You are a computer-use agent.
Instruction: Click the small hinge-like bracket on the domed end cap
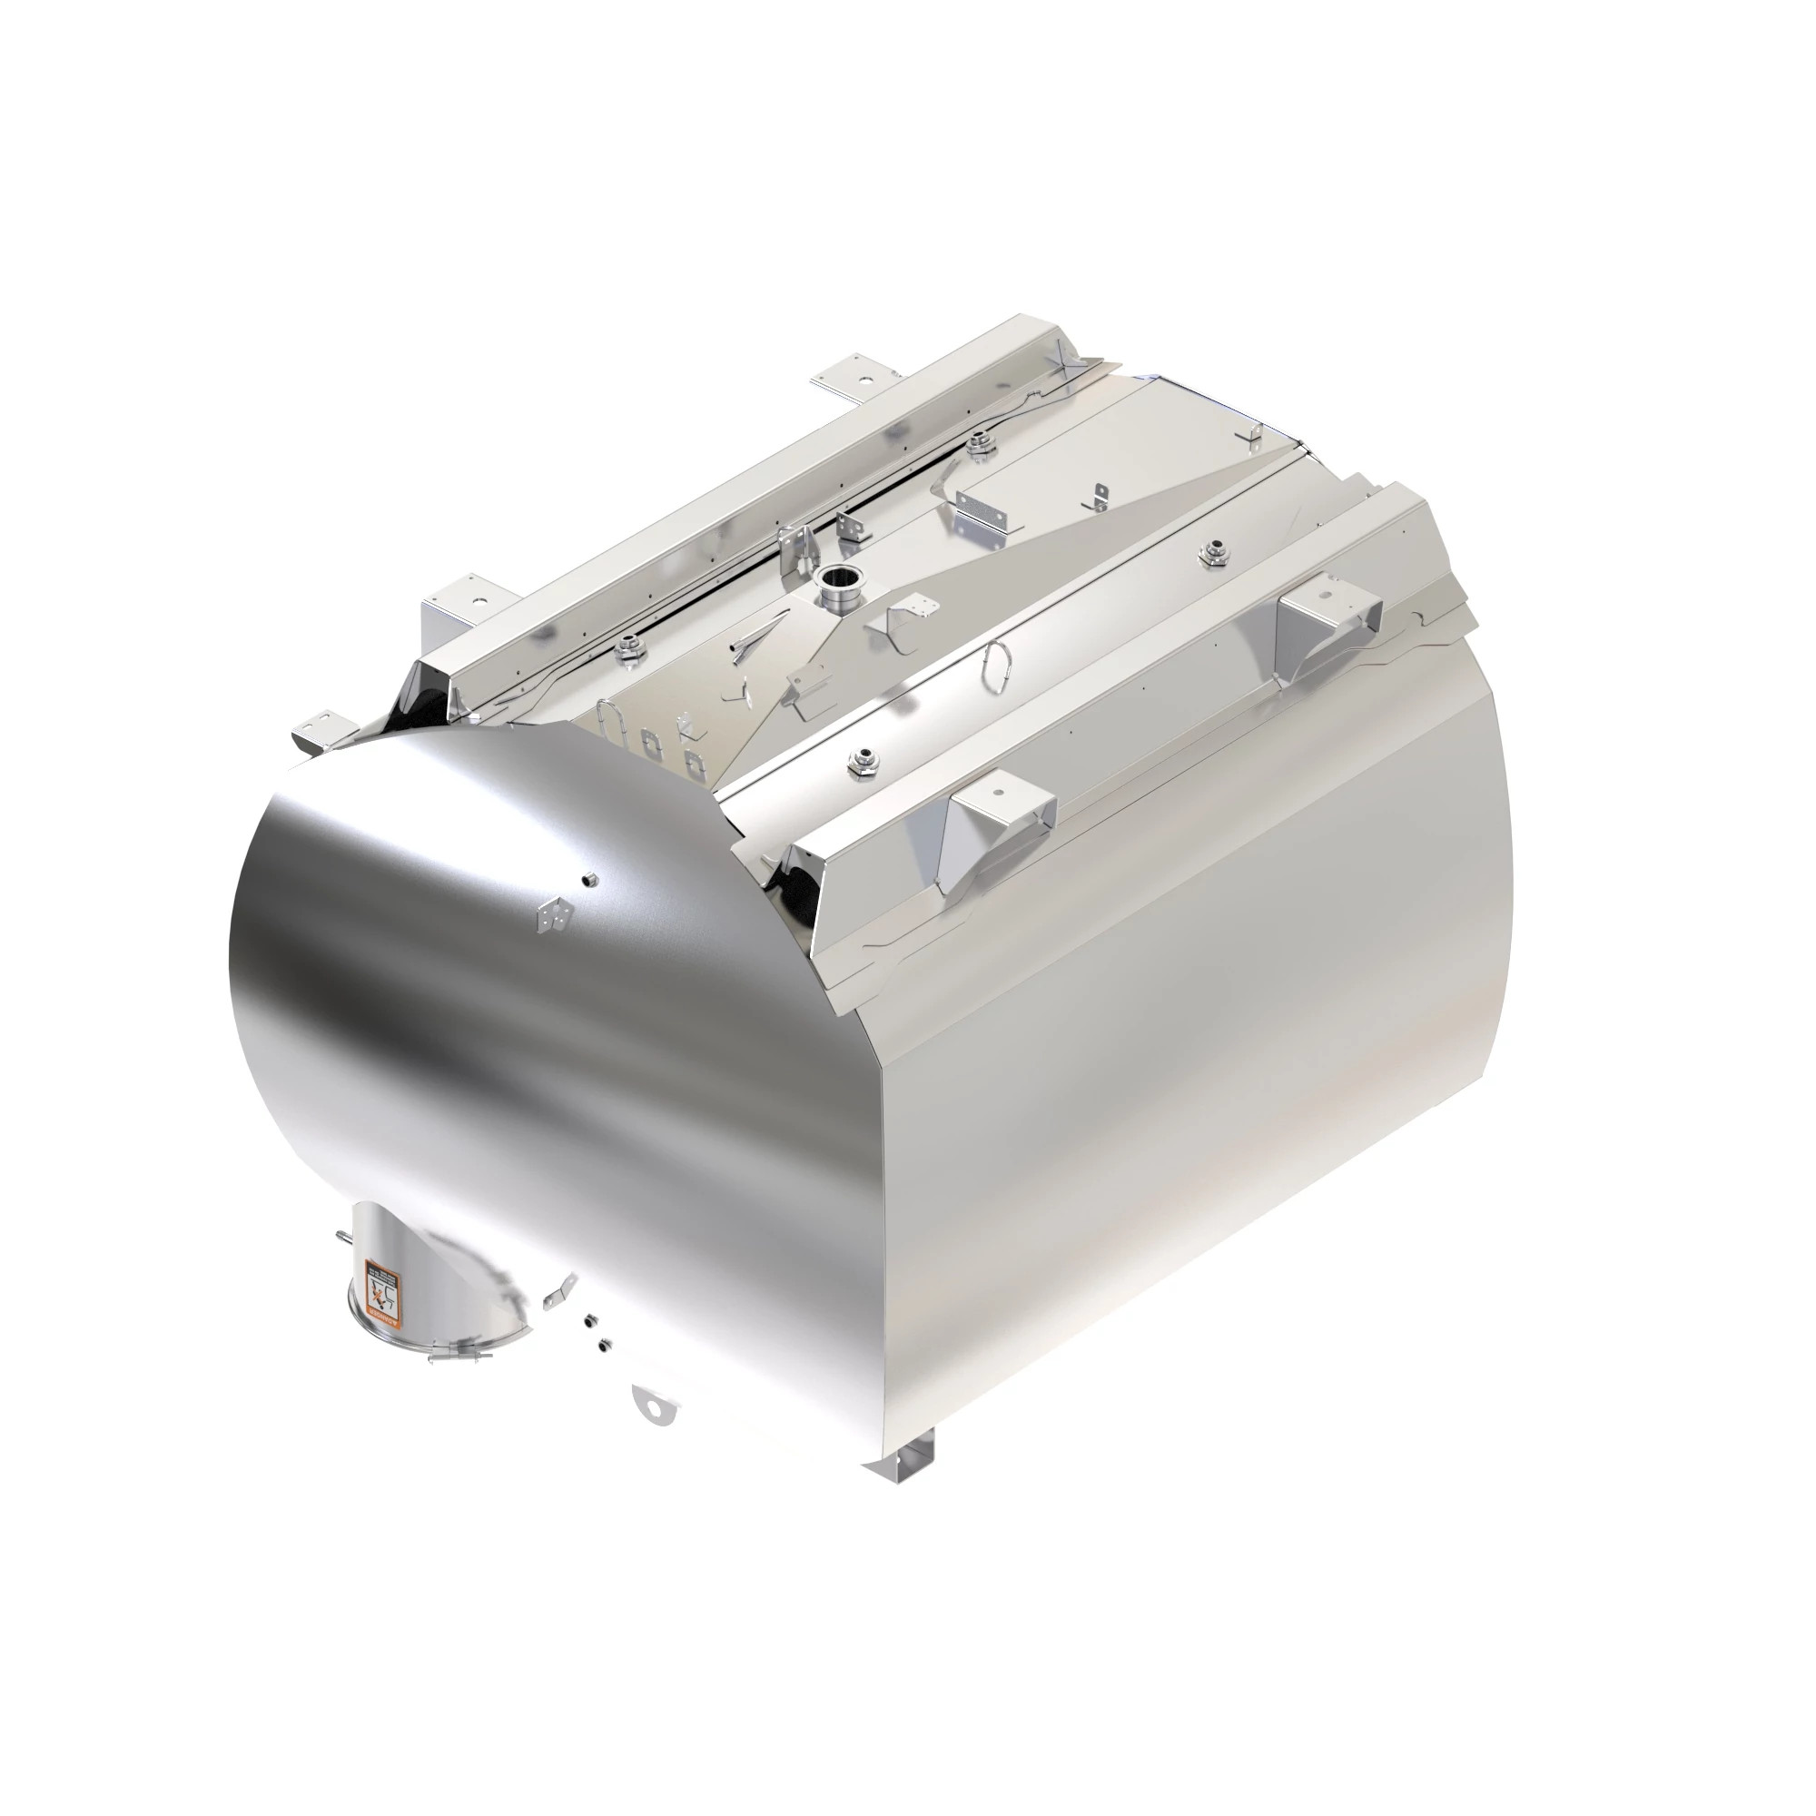tap(553, 915)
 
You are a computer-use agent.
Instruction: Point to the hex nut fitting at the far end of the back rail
tap(979, 439)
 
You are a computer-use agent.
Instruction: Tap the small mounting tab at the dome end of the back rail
tap(321, 728)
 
